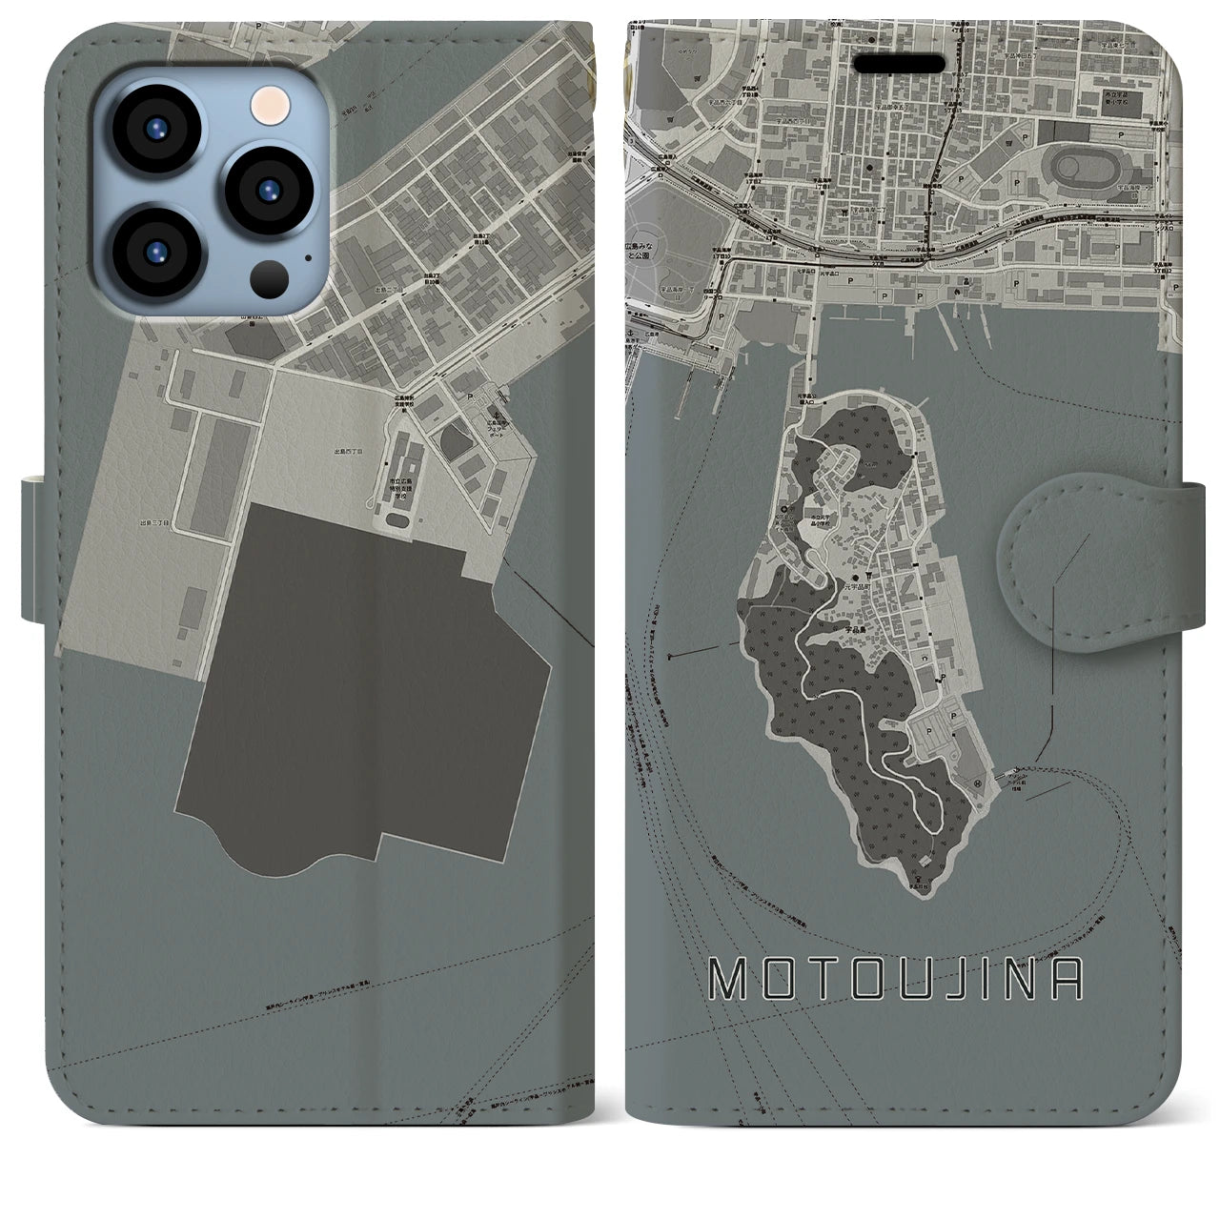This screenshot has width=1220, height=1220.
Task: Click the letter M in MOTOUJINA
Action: [728, 971]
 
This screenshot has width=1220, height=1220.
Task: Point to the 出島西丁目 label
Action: [348, 450]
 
